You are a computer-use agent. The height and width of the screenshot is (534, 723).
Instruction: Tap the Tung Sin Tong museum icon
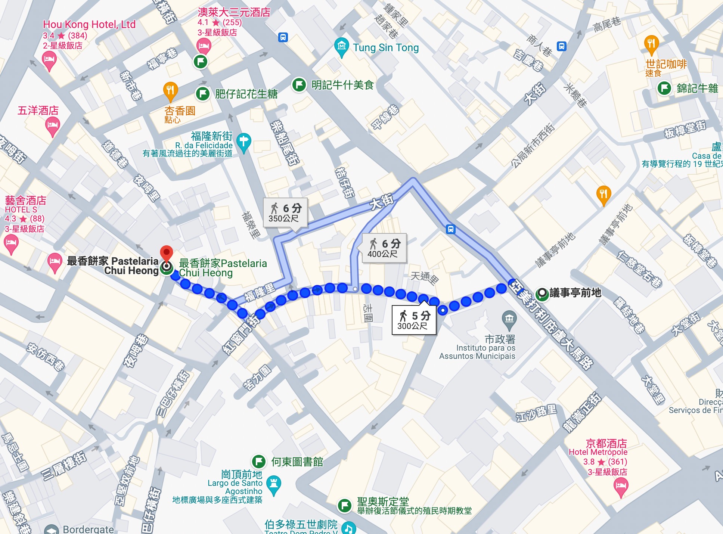tap(341, 47)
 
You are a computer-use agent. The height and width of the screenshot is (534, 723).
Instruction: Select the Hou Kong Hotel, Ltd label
tap(89, 25)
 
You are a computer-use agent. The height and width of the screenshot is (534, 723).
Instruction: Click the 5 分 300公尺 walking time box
tap(414, 320)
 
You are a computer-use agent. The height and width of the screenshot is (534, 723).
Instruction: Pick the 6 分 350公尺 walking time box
tap(285, 212)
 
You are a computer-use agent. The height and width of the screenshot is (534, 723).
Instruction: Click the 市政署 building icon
tap(509, 319)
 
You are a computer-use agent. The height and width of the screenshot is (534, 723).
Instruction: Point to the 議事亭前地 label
tap(575, 293)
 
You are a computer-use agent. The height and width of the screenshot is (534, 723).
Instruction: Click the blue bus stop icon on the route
tap(451, 229)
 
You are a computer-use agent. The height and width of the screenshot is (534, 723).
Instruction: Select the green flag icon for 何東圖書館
tap(259, 462)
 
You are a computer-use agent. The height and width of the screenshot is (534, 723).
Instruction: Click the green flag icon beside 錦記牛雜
tap(664, 89)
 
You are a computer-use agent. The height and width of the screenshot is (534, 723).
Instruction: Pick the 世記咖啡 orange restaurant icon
tap(651, 43)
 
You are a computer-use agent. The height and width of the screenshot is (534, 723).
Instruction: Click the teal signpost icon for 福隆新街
tap(243, 142)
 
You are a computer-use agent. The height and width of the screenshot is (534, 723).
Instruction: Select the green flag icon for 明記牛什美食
tap(299, 85)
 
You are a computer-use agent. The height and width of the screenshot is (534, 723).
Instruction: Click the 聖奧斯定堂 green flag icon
tap(345, 505)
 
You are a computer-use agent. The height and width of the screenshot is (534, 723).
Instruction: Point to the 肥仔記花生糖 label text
tap(246, 94)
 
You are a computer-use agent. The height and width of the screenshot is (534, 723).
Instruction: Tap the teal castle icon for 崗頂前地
tap(274, 484)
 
